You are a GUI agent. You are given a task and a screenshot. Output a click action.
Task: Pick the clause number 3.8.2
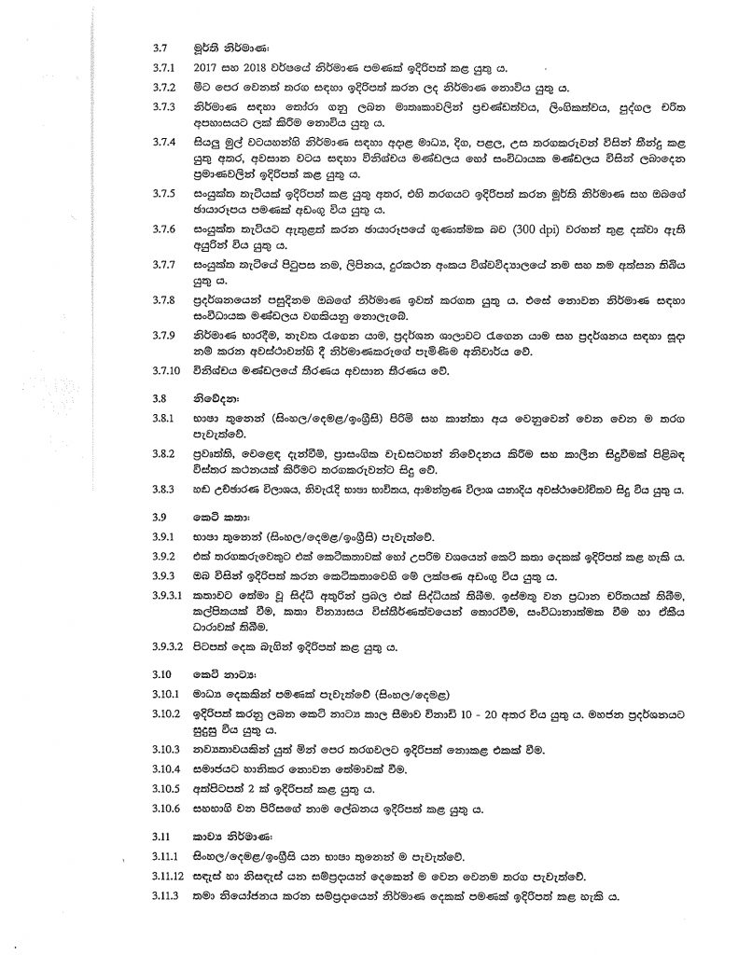coord(164,450)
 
